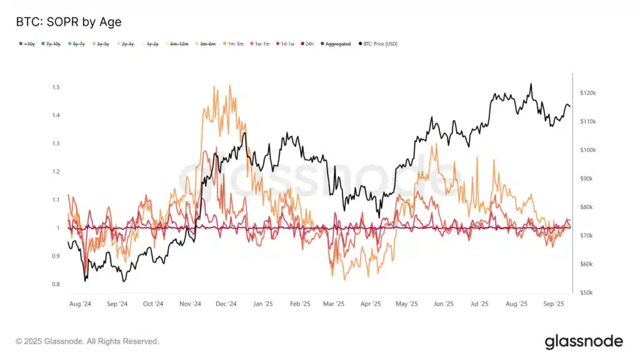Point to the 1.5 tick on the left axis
click(x=56, y=87)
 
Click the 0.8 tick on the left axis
click(x=56, y=284)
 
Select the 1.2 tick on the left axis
click(x=56, y=171)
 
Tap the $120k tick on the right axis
click(x=589, y=93)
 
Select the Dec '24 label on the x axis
click(x=226, y=304)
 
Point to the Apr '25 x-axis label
click(x=370, y=304)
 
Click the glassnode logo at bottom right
click(x=583, y=341)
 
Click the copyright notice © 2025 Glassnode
click(x=87, y=341)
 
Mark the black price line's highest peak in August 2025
click(x=531, y=84)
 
